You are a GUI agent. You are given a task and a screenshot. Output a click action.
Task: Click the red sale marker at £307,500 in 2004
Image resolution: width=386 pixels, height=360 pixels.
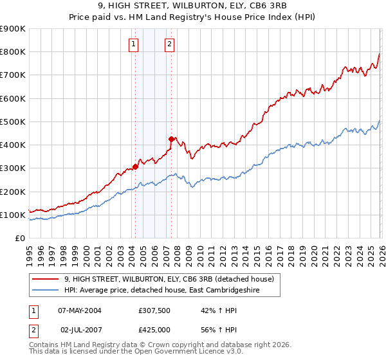click(135, 166)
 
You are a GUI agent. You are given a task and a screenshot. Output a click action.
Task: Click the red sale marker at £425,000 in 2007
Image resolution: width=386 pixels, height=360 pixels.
click(171, 139)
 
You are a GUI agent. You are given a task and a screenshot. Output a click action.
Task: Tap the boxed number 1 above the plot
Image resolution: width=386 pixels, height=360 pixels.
click(133, 44)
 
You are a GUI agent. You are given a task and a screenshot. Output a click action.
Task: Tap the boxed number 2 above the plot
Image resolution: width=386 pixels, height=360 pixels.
click(169, 44)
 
